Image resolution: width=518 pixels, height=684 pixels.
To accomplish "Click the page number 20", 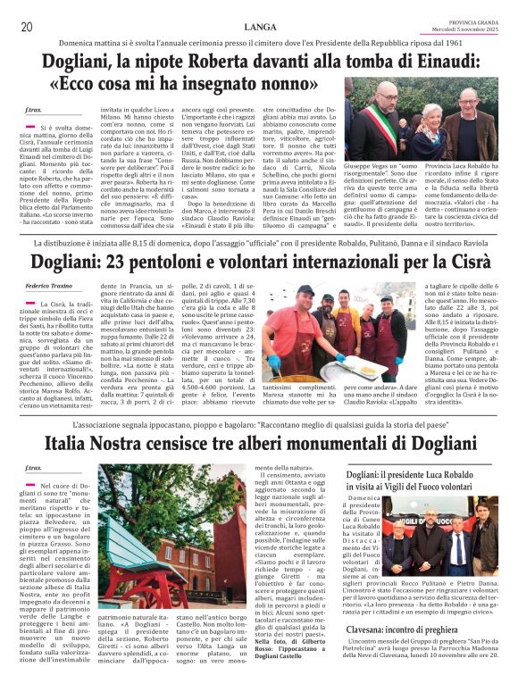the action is (x=27, y=27).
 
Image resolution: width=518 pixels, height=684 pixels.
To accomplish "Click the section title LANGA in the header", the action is (x=259, y=27).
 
